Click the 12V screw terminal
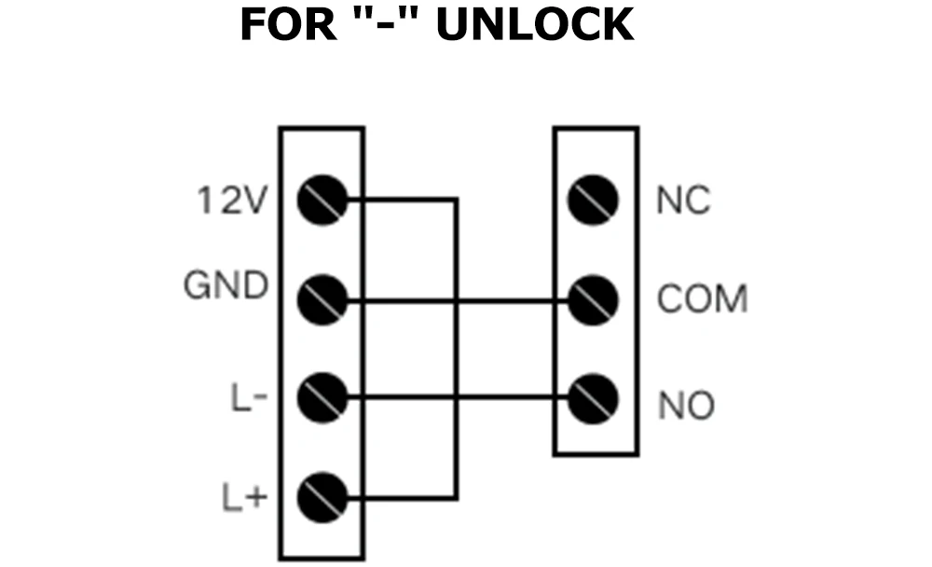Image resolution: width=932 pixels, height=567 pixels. (x=322, y=201)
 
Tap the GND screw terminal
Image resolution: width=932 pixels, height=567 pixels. (x=322, y=300)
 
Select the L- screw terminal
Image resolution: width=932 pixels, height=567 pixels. (x=322, y=400)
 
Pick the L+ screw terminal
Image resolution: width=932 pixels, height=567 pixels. (x=322, y=497)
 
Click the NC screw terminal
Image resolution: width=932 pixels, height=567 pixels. (x=595, y=201)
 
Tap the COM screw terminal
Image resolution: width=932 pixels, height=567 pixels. (x=595, y=300)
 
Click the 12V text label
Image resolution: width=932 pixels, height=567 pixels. (x=233, y=201)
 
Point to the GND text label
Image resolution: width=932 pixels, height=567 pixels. (x=226, y=285)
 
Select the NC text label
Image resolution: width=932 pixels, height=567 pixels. (x=683, y=201)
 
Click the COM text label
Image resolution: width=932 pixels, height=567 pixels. (x=702, y=300)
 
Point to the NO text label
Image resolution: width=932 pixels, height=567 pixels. (x=686, y=406)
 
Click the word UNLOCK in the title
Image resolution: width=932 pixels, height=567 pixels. (x=534, y=25)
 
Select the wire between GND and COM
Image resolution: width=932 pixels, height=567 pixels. (x=503, y=301)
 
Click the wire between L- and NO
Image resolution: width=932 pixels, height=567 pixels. (x=503, y=399)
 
